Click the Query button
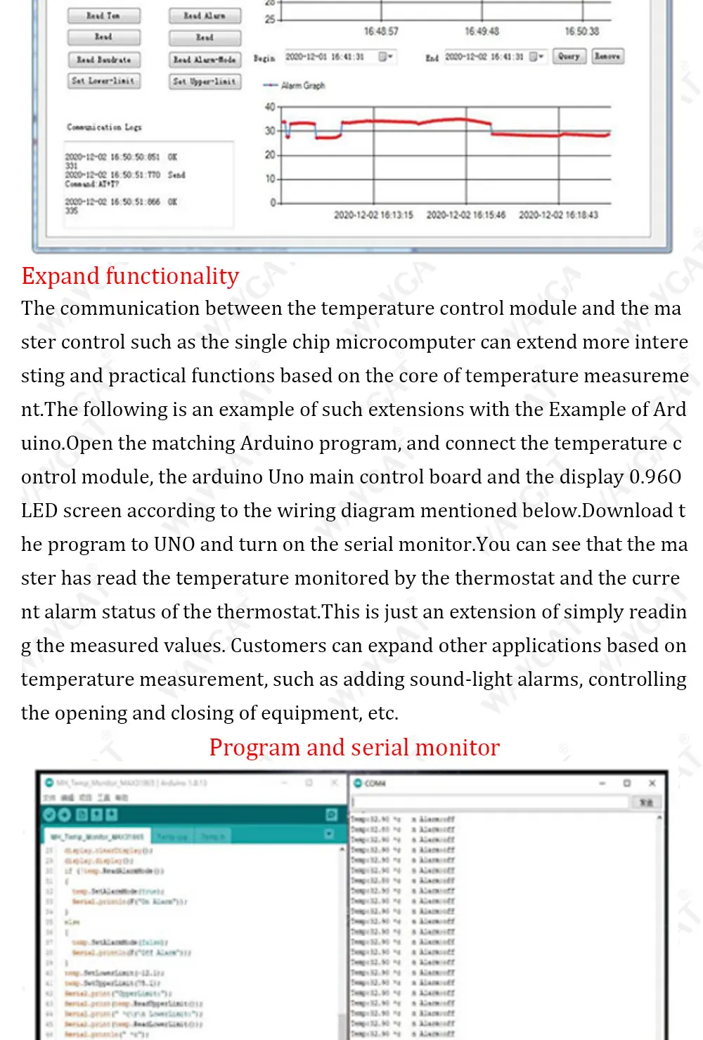(x=569, y=56)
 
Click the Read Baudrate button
(x=104, y=60)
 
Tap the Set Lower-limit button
(x=104, y=81)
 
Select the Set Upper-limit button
(x=205, y=82)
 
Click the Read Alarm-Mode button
(x=205, y=60)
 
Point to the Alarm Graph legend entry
(x=295, y=86)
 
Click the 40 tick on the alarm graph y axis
(x=270, y=107)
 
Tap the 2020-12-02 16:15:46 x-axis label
(x=465, y=215)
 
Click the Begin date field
(x=330, y=56)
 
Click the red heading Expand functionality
(x=130, y=276)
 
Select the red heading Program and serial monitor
(x=354, y=748)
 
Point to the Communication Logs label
(x=104, y=127)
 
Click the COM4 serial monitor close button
(x=652, y=783)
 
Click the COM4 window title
(x=375, y=783)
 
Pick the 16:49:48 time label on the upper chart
(x=482, y=32)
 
